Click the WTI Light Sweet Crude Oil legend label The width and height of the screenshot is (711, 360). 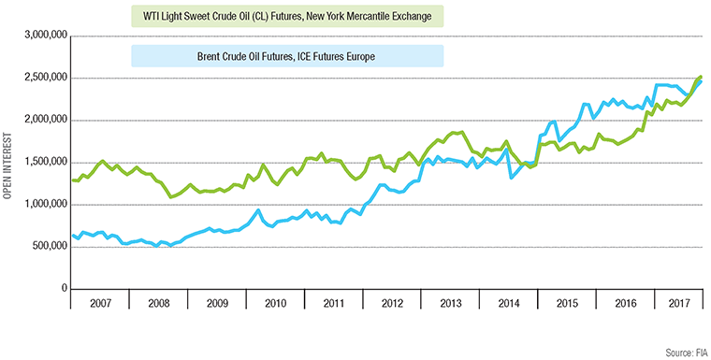pos(284,17)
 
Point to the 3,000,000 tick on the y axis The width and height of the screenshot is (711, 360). pos(43,36)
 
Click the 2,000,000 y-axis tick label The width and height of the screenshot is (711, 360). pos(43,120)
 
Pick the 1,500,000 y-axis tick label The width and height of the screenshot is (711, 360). pos(43,162)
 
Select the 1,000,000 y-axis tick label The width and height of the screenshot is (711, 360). pos(43,204)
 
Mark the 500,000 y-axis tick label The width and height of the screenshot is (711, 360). pos(47,247)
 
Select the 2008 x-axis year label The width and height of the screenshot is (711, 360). pos(157,305)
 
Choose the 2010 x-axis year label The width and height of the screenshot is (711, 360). pos(274,305)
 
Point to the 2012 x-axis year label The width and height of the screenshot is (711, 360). pos(390,305)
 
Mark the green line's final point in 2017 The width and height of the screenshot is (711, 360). pos(702,77)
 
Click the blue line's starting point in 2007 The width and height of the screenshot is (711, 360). pos(71,235)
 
